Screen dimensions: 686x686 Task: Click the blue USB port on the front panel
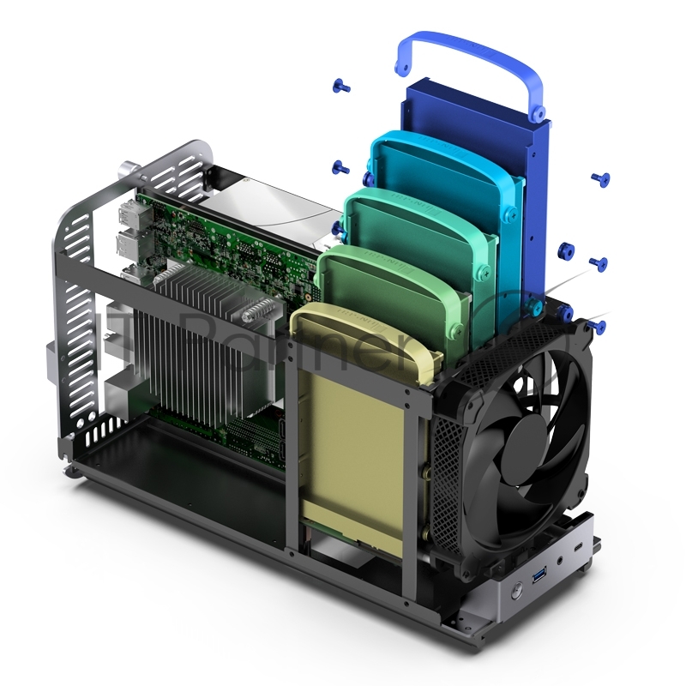541,573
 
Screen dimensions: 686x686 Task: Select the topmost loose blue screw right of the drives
600,179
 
